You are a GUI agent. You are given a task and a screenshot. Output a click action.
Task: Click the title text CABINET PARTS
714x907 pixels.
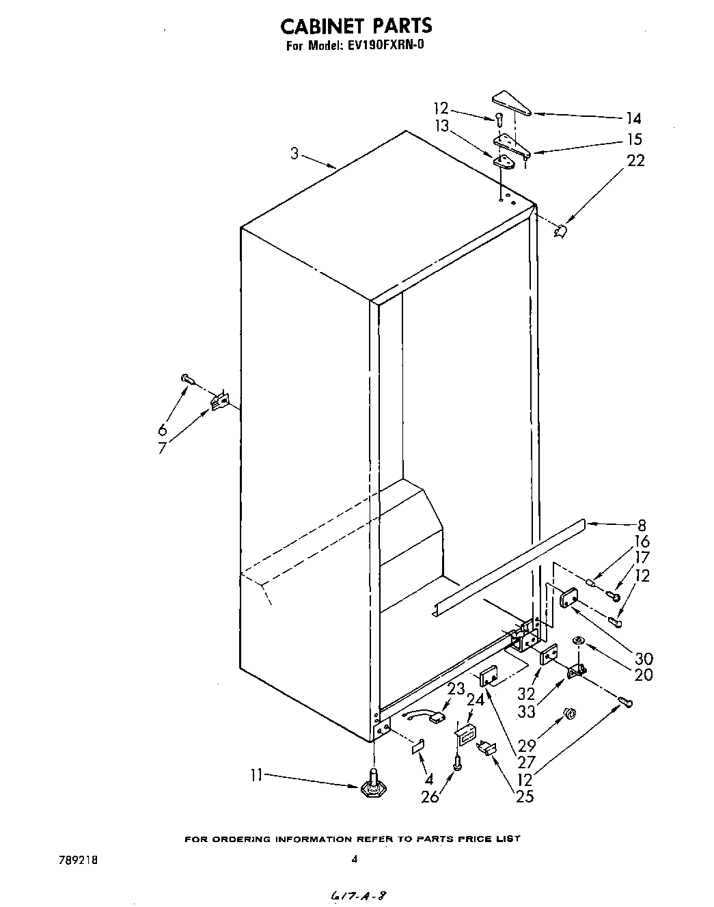tap(356, 25)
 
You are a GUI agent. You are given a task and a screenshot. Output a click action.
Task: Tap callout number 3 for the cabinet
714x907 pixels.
tap(294, 154)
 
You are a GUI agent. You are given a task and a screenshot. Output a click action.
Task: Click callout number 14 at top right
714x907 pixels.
tap(633, 118)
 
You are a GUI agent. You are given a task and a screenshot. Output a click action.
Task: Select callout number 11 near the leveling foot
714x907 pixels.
tap(256, 775)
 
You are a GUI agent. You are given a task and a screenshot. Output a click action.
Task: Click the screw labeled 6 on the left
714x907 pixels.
tap(186, 378)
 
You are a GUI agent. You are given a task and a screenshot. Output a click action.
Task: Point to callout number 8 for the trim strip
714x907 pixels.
tap(642, 526)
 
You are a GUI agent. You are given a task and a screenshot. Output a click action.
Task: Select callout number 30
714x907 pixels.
tap(643, 658)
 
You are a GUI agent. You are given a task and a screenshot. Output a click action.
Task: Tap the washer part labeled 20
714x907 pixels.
tap(577, 640)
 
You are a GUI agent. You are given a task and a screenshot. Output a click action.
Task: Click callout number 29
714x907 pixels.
tap(527, 745)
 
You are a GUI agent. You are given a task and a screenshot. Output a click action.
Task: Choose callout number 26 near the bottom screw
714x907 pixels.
tap(430, 796)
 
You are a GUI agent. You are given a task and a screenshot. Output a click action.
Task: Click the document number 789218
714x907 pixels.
tap(79, 861)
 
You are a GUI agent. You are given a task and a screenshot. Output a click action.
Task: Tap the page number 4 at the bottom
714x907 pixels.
tap(354, 861)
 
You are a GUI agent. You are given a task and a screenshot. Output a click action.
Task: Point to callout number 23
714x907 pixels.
tap(456, 688)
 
